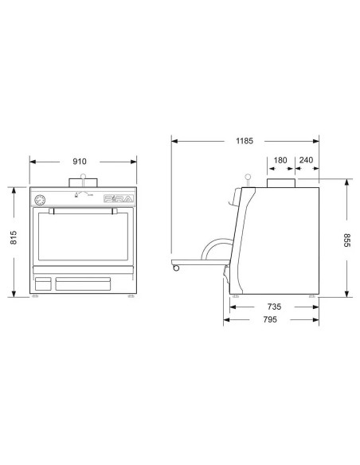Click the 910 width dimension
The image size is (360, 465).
pyautogui.click(x=80, y=161)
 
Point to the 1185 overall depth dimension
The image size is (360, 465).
pyautogui.click(x=244, y=142)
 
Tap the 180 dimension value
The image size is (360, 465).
pyautogui.click(x=280, y=160)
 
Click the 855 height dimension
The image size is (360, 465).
pyautogui.click(x=346, y=238)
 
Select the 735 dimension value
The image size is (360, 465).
pyautogui.click(x=273, y=306)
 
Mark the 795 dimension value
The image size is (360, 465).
pyautogui.click(x=269, y=320)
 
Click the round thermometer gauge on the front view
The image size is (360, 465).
pyautogui.click(x=41, y=198)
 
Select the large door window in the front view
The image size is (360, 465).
pyautogui.click(x=83, y=240)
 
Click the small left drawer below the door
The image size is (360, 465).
pyautogui.click(x=43, y=283)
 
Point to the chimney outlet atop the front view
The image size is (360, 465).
pyautogui.click(x=83, y=183)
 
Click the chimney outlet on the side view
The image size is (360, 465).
pyautogui.click(x=280, y=183)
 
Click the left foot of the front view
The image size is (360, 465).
pyautogui.click(x=35, y=296)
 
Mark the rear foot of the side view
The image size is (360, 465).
pyautogui.click(x=312, y=296)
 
